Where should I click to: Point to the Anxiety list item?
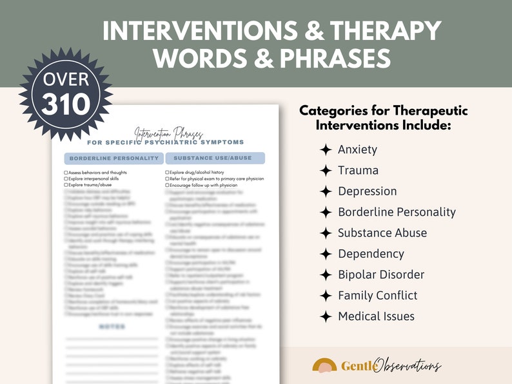[x=357, y=149]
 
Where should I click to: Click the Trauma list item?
[x=358, y=171]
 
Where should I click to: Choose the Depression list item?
[x=367, y=191]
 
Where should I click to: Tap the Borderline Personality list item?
[x=397, y=212]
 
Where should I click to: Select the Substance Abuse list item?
[x=382, y=233]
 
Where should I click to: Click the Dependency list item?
[x=371, y=254]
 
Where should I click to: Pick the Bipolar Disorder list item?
[x=380, y=274]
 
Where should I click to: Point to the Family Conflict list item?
[x=377, y=295]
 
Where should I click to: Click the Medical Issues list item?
[x=376, y=316]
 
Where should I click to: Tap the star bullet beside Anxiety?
[x=326, y=149]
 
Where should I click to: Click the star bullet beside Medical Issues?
[x=326, y=316]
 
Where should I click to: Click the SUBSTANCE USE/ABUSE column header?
[x=214, y=158]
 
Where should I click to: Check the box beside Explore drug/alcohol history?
[x=167, y=173]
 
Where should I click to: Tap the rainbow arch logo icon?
[x=324, y=365]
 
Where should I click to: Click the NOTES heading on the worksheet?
[x=112, y=327]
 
